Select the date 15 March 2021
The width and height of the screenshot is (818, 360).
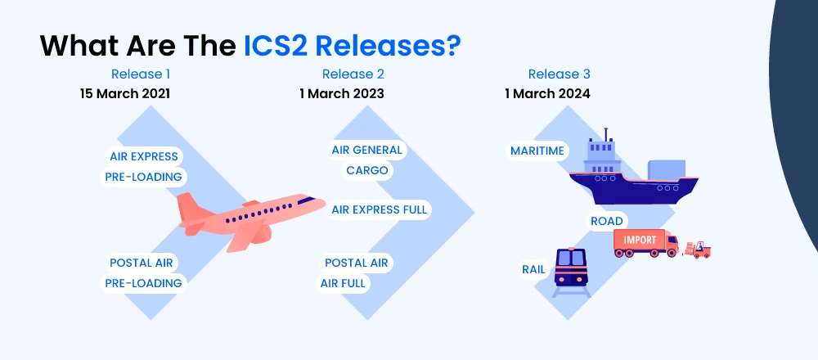(125, 93)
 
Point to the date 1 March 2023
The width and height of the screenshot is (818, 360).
(342, 93)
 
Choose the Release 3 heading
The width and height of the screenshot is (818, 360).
(560, 74)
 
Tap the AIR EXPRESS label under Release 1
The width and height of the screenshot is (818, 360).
(144, 156)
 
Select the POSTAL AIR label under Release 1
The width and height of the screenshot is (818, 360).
(142, 263)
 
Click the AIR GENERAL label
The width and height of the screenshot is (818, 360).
(366, 151)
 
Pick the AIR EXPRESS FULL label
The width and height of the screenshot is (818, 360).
(379, 209)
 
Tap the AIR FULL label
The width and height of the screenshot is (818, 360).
(344, 283)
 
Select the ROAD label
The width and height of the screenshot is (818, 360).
(607, 221)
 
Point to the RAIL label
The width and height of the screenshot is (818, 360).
(534, 268)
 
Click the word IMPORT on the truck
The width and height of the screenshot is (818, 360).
(640, 239)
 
